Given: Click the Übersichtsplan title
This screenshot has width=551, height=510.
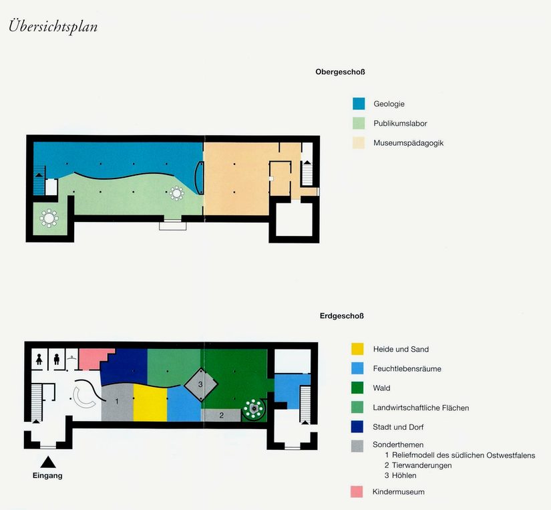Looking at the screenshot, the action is tap(53, 26).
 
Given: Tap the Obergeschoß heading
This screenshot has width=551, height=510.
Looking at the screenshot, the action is tap(340, 72).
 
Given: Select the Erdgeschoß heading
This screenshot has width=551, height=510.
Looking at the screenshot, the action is tap(341, 316).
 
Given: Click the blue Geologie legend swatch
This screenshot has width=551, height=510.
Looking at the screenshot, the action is tap(359, 104).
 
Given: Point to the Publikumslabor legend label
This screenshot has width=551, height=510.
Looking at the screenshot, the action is tap(400, 124).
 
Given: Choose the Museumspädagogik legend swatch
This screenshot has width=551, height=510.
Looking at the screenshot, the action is tap(359, 143).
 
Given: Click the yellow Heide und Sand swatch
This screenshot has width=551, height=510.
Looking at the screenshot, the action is tap(357, 349).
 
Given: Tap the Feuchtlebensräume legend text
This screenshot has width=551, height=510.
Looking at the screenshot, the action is tap(407, 368).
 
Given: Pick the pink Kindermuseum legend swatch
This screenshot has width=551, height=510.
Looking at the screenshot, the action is tap(357, 492).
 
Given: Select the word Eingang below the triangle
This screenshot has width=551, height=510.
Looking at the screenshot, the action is tap(47, 475).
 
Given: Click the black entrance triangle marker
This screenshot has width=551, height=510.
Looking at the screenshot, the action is tap(48, 462).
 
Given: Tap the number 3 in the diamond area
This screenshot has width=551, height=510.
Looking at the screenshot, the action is tap(200, 384).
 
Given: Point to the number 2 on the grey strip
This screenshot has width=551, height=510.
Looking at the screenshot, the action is tap(221, 415).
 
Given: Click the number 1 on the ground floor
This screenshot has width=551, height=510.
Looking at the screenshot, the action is tap(117, 401).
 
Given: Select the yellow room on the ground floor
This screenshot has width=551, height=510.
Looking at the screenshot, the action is tap(150, 403).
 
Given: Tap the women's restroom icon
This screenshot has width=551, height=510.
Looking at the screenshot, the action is tap(39, 360).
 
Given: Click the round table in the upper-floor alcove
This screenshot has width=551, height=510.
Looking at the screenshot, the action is tap(49, 219).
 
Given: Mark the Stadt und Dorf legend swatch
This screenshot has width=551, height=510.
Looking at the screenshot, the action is tap(357, 426).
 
